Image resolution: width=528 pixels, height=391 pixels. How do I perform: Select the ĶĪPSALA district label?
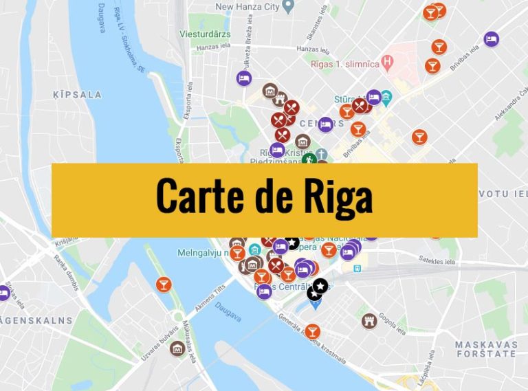pos(77,95)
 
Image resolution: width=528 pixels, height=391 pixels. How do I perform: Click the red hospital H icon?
pos(388,62)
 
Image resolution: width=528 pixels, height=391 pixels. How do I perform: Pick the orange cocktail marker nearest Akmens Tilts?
pos(164,284)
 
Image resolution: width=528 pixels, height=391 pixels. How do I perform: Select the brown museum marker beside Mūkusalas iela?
pos(177,348)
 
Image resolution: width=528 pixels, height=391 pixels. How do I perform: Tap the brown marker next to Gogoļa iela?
pos(370,320)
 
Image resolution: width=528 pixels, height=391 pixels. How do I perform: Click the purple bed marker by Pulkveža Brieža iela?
pos(243,78)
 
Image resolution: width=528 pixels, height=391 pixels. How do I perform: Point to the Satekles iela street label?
pos(436,260)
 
